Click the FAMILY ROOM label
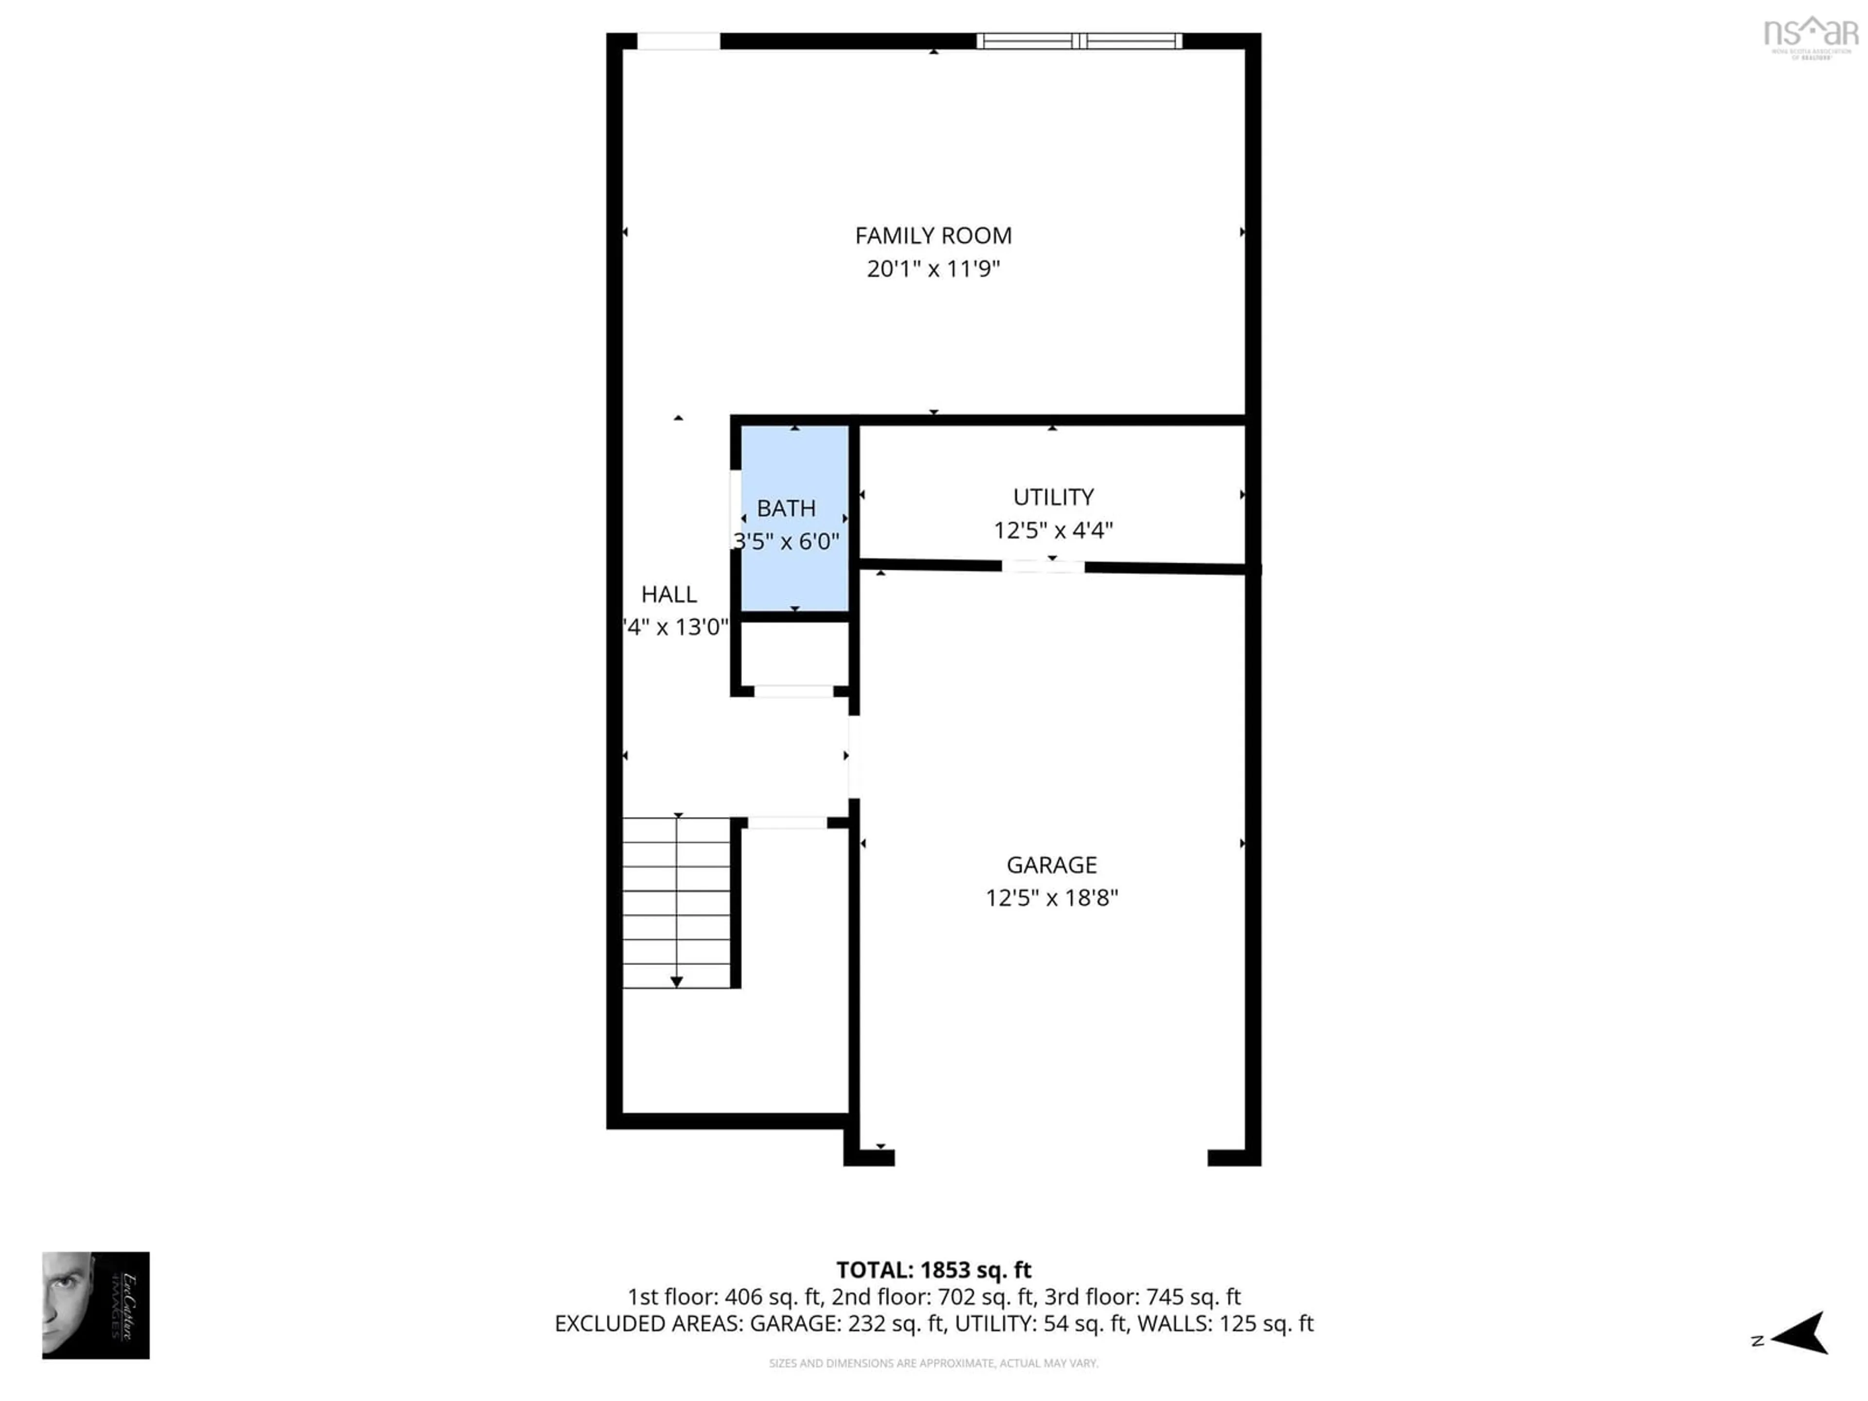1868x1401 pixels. (933, 235)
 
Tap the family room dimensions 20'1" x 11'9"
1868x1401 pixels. (933, 269)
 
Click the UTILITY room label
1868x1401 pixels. (1053, 497)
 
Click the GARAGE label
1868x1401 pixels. (1051, 865)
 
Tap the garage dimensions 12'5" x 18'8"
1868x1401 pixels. (1051, 898)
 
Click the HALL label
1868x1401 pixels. (669, 594)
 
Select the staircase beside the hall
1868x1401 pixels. (677, 902)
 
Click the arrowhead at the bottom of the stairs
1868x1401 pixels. (677, 981)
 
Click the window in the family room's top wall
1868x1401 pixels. (1078, 40)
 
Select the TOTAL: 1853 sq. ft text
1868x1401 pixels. (933, 1270)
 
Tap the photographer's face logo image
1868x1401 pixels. (95, 1306)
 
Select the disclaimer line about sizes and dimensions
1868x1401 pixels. (933, 1363)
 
